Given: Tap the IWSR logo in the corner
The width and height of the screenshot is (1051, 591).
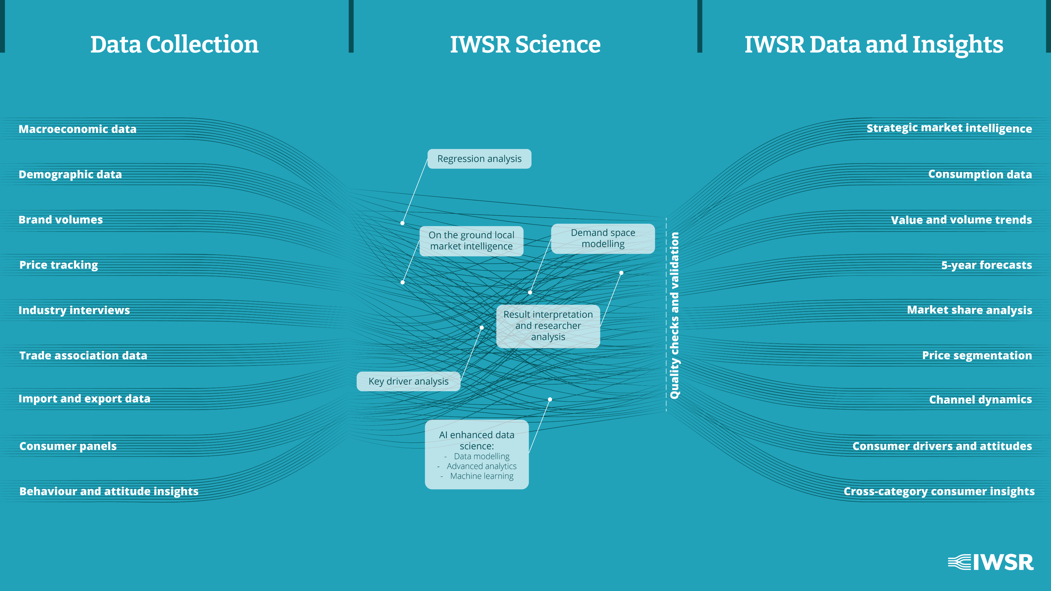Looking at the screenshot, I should (x=991, y=562).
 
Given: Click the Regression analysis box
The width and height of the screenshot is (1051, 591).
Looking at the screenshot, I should (x=479, y=159).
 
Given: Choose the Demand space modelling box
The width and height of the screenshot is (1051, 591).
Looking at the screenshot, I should (x=603, y=239).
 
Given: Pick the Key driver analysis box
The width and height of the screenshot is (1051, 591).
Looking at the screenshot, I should (x=408, y=381).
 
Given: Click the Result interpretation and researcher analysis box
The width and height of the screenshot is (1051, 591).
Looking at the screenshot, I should (x=548, y=326).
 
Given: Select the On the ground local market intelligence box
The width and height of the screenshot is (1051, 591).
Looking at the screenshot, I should (x=471, y=241).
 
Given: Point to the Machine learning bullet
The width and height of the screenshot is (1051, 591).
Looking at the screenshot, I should (x=482, y=476).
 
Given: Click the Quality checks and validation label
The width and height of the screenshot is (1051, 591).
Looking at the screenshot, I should (x=675, y=315).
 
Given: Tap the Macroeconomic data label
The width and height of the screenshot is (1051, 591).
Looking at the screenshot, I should (x=78, y=129).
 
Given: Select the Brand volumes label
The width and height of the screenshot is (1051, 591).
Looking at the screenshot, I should (x=61, y=220).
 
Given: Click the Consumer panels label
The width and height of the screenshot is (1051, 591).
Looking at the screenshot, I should (x=68, y=446).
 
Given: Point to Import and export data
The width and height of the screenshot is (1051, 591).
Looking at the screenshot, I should (x=84, y=399).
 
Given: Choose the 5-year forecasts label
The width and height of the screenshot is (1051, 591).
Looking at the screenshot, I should (x=986, y=265).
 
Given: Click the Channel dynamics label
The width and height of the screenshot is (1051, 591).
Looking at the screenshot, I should (x=980, y=400).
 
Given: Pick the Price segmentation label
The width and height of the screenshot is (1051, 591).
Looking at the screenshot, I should (x=977, y=356).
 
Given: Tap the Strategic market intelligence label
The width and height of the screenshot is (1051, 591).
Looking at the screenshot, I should (x=949, y=128).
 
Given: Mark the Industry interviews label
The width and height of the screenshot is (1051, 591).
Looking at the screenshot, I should (x=74, y=310).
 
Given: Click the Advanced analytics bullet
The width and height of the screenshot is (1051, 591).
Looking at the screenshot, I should (x=482, y=466).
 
